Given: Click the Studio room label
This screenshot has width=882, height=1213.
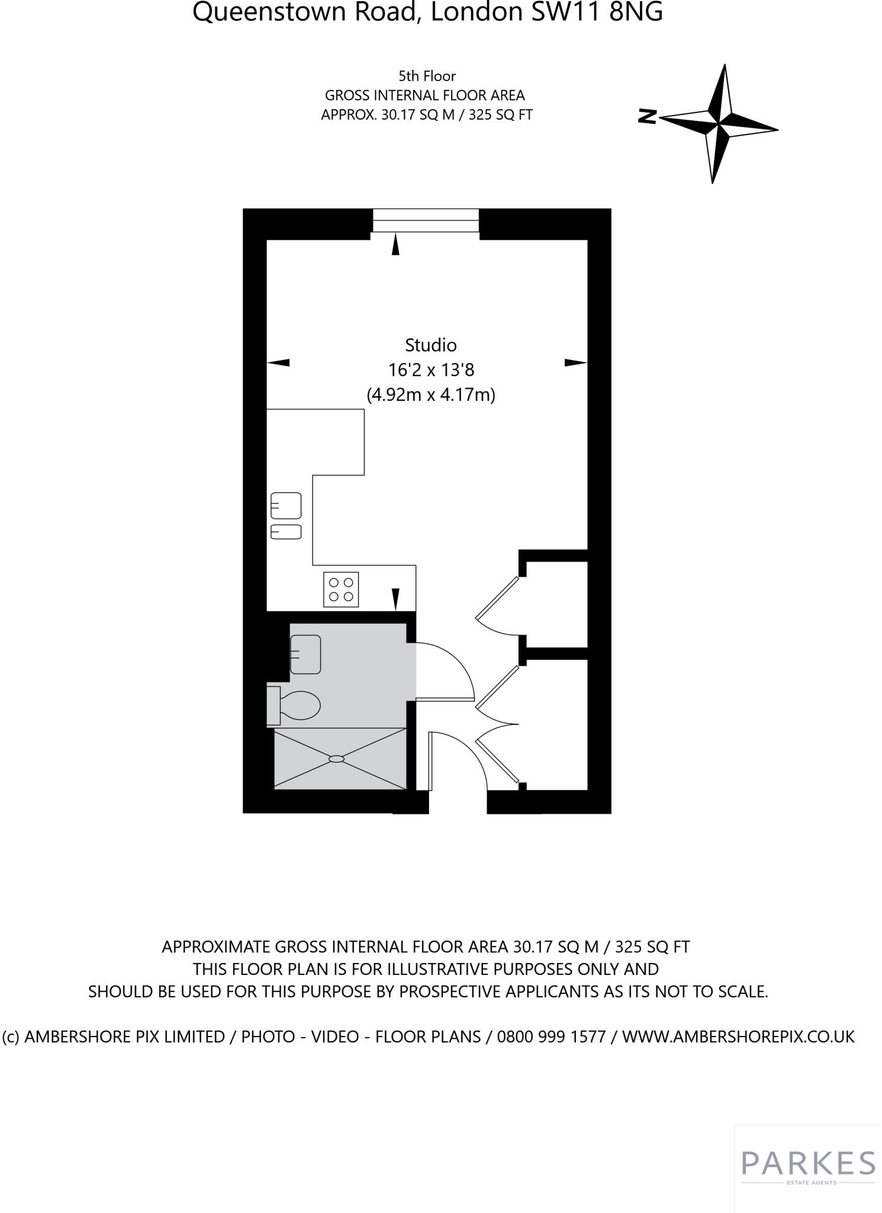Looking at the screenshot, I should point(430,345).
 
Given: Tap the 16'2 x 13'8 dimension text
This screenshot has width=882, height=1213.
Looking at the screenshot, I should point(431,370).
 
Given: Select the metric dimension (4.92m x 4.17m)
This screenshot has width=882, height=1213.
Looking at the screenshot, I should point(431,394).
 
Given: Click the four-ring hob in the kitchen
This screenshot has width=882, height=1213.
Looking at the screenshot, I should point(341,589).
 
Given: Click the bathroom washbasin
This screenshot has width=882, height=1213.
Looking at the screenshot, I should point(305,654).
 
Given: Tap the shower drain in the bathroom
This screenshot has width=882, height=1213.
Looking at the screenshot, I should point(336,759).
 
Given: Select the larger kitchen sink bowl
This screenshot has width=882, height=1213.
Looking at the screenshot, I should point(286,506).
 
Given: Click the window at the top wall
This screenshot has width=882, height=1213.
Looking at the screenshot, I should point(426,220).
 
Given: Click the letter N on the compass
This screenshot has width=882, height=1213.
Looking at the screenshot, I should point(648,117).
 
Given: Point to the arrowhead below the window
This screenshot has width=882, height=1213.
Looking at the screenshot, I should point(395,245).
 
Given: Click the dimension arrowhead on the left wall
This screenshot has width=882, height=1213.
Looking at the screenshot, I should point(278,362).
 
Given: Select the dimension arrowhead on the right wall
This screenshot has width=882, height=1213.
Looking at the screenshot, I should point(575,362).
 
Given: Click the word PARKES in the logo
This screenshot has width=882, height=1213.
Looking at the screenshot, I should point(808,1164).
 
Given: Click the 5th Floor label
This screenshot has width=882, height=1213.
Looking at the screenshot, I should point(427,76).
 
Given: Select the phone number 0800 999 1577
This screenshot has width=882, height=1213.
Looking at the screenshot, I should point(551,1036).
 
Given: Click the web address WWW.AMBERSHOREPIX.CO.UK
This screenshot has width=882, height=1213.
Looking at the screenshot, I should point(738,1036).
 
